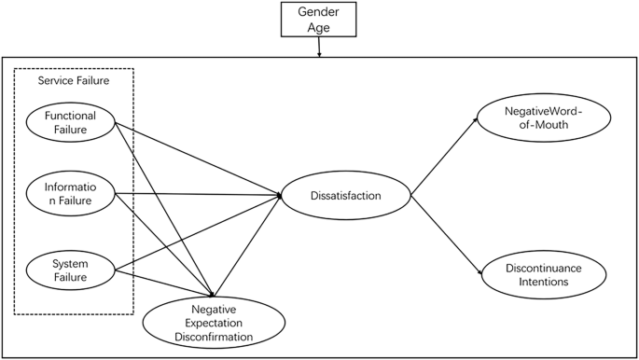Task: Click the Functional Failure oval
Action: pos(70,122)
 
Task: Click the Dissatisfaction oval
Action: pos(345,196)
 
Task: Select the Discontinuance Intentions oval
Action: pos(543,274)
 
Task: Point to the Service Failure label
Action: pos(74,81)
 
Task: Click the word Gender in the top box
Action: pos(319,13)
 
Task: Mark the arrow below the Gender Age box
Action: pos(319,48)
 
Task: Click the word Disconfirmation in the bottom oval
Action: pos(215,336)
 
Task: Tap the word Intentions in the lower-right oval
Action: pos(543,282)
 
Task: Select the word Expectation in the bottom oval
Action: pos(215,322)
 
